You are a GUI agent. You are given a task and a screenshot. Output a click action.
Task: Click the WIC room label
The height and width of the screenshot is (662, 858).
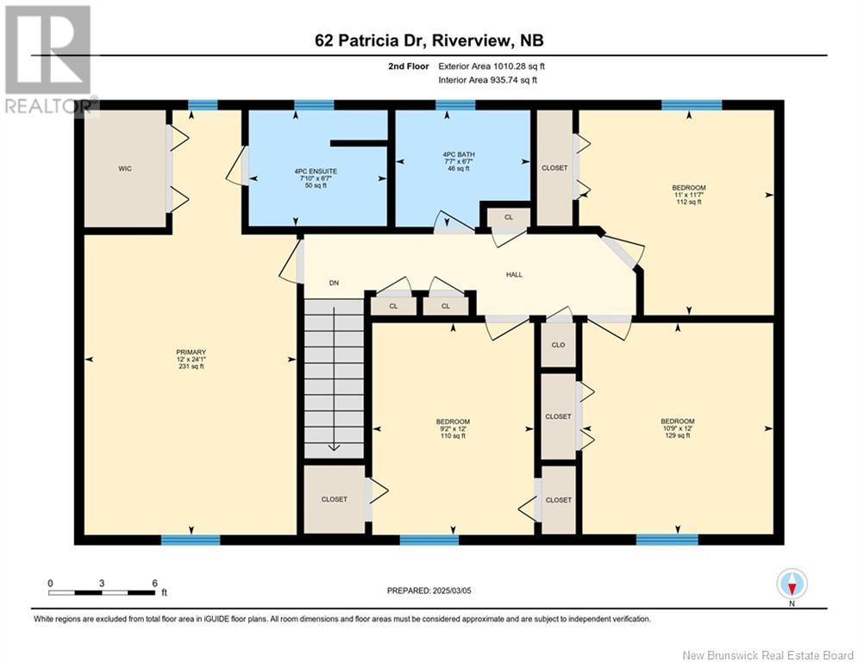(125, 169)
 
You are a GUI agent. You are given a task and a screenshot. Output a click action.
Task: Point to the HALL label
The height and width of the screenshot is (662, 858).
(515, 275)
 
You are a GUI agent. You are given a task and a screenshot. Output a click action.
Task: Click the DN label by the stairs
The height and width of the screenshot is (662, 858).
(334, 283)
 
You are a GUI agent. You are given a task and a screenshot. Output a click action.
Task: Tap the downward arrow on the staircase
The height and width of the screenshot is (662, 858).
(334, 447)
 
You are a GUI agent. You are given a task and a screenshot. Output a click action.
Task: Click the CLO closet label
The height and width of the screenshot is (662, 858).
(558, 345)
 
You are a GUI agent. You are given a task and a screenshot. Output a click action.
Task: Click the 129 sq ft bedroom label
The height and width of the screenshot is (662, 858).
(677, 428)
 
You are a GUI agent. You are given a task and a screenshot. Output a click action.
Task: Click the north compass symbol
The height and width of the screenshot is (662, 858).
(792, 584)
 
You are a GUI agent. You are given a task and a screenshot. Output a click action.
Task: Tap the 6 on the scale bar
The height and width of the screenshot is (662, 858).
(154, 583)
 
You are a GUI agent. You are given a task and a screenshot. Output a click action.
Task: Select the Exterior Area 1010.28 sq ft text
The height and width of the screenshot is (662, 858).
(492, 66)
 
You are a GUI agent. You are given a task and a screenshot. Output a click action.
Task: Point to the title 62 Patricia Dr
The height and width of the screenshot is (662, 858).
(379, 41)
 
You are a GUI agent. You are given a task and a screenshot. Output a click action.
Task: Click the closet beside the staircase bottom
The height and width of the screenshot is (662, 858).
(334, 499)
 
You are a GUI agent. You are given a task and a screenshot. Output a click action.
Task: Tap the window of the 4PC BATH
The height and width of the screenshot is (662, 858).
(455, 105)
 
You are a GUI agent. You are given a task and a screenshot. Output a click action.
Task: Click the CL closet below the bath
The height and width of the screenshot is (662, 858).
(509, 217)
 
